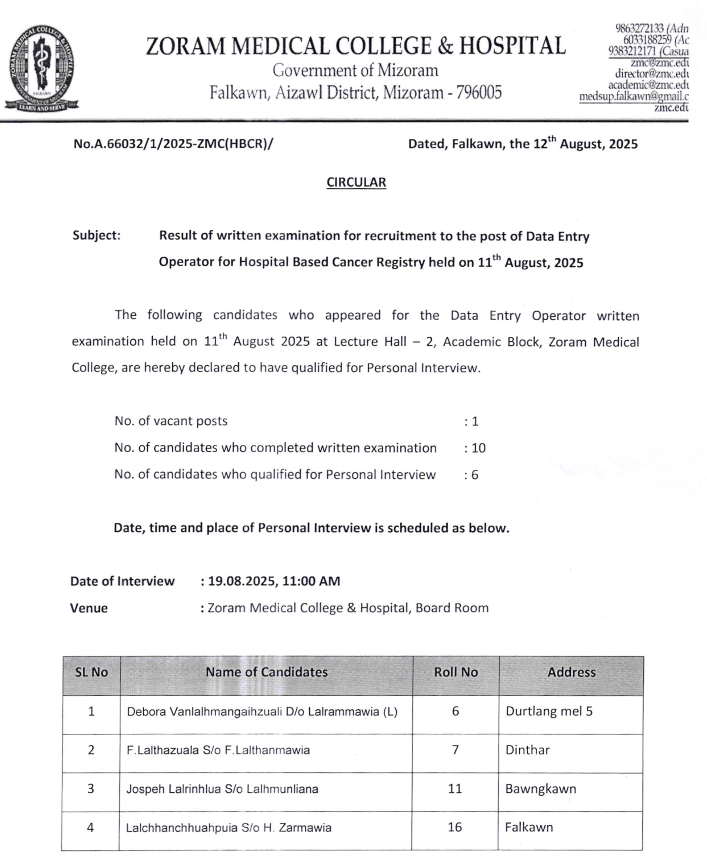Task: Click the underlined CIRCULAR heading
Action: (356, 182)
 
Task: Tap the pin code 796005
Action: (479, 93)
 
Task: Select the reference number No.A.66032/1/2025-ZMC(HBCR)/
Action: (173, 144)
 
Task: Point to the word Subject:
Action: (96, 236)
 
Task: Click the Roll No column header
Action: (455, 672)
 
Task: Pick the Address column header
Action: (571, 672)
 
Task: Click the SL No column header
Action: (91, 672)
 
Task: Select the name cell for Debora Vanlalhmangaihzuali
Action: (262, 712)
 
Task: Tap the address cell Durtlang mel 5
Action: (549, 711)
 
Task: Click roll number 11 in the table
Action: (455, 789)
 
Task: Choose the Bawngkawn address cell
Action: (540, 789)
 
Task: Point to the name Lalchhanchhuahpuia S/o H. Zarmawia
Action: (229, 828)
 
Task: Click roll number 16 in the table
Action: (455, 827)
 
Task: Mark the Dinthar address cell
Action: (528, 750)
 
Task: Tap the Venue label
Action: (89, 608)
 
